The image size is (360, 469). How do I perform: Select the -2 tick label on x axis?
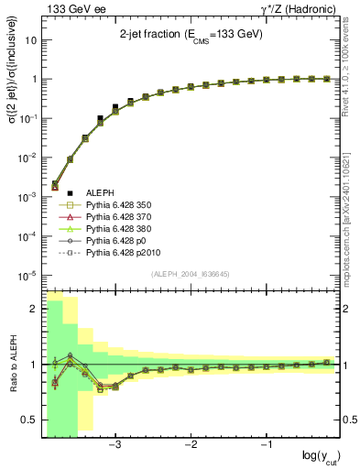[x=191, y=444]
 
